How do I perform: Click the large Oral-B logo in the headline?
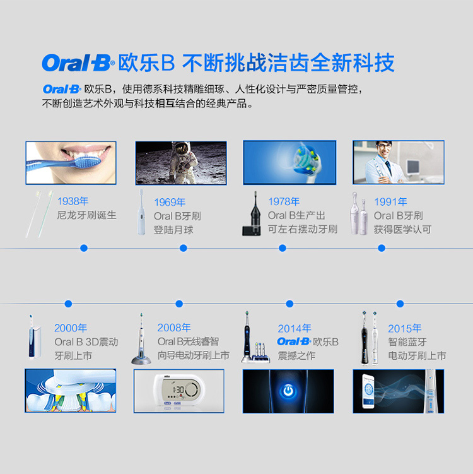click(78, 62)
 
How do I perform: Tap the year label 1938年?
click(73, 201)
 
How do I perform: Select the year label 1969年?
click(170, 202)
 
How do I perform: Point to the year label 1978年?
click(284, 201)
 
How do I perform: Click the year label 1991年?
click(390, 201)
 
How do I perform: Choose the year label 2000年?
click(71, 328)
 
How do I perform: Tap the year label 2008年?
click(174, 328)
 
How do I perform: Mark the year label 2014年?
click(295, 328)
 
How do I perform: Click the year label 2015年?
click(405, 328)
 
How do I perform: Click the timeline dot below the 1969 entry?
click(183, 248)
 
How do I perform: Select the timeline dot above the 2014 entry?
click(289, 304)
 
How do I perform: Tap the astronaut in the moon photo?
click(182, 162)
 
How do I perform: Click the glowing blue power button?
click(288, 391)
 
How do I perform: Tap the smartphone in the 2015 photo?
click(368, 391)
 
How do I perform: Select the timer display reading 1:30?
click(178, 389)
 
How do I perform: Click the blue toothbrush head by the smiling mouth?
click(87, 162)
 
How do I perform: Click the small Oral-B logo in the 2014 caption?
click(294, 341)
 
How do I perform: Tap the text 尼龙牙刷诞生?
click(86, 215)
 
